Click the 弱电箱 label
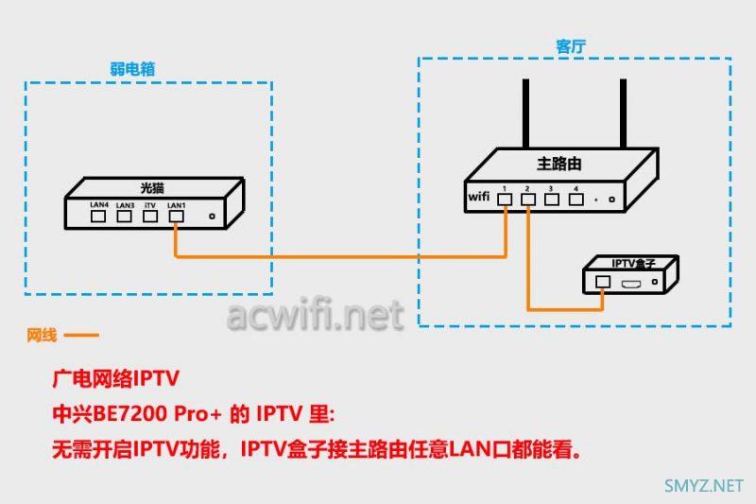click(132, 68)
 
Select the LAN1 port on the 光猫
click(176, 216)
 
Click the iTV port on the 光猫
click(149, 216)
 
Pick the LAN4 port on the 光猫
click(98, 216)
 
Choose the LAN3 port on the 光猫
click(124, 216)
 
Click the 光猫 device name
click(151, 186)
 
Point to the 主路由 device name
click(558, 164)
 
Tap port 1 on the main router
click(507, 200)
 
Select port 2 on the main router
click(529, 200)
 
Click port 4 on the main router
click(575, 200)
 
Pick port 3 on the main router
click(552, 200)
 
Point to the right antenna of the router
click(624, 113)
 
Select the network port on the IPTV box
click(603, 281)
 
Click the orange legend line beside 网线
click(80, 335)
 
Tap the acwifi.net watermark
click(315, 315)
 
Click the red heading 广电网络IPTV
click(114, 380)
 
